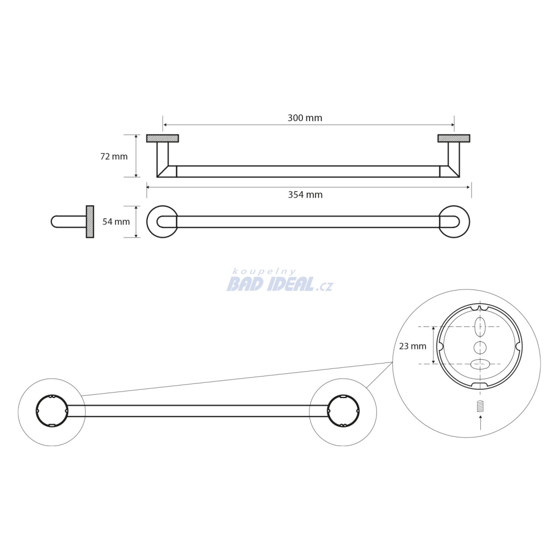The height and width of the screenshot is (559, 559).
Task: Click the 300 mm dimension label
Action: click(x=305, y=118)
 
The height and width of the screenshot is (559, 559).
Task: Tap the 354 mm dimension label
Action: click(x=305, y=195)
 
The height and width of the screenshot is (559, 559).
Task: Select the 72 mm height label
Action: click(x=114, y=157)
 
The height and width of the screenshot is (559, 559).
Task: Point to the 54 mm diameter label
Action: click(x=116, y=222)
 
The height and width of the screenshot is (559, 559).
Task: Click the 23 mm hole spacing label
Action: click(x=413, y=346)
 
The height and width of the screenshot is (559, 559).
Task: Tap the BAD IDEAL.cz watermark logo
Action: click(x=280, y=284)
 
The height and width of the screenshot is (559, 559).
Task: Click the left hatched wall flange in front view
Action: click(x=163, y=138)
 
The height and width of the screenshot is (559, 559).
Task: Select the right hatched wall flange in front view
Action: click(x=454, y=138)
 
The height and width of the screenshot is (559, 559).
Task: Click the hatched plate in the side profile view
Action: click(x=90, y=222)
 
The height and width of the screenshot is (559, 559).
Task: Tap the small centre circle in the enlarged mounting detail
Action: click(x=480, y=347)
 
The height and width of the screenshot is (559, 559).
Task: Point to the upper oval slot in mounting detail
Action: click(x=480, y=326)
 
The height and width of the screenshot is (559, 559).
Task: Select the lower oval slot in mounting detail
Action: click(x=480, y=364)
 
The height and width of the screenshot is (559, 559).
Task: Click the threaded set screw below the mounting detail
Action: click(x=480, y=406)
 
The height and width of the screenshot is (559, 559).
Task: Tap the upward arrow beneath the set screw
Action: click(x=480, y=422)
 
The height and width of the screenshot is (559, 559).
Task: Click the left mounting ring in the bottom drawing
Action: click(x=37, y=411)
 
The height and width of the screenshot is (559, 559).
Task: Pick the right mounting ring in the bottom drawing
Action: click(x=359, y=411)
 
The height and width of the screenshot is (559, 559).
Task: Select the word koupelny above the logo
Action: click(x=264, y=272)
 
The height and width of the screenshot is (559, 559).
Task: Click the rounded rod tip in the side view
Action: click(x=52, y=222)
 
